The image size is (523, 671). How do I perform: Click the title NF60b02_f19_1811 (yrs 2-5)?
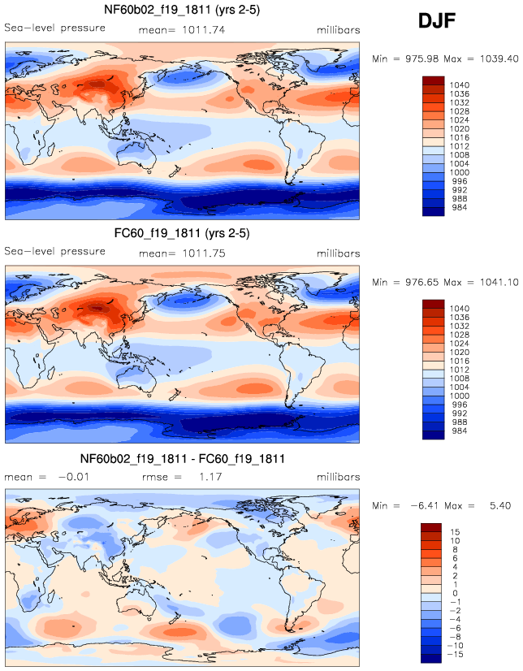click(182, 11)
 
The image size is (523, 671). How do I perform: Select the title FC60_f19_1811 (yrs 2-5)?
click(182, 234)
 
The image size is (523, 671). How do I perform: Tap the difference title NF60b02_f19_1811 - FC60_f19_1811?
click(182, 459)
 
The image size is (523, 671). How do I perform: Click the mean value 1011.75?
click(204, 253)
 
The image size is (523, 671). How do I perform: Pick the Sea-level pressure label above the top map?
click(55, 28)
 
